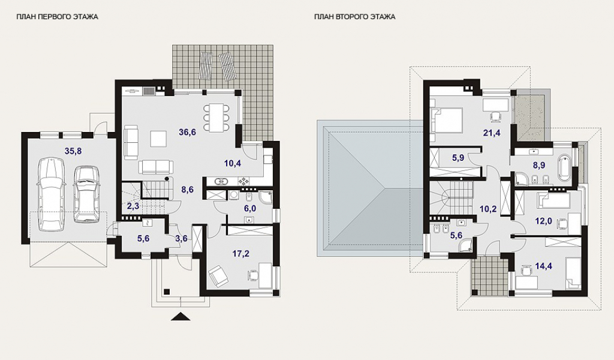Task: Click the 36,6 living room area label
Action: click(x=187, y=132)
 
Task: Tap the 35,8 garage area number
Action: click(x=73, y=151)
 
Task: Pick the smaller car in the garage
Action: click(x=86, y=194)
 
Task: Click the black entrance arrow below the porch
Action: click(x=180, y=317)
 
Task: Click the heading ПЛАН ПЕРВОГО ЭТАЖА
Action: click(x=57, y=17)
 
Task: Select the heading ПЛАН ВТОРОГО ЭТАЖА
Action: click(x=355, y=17)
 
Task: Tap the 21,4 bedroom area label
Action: click(x=492, y=133)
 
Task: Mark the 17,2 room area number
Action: click(x=240, y=254)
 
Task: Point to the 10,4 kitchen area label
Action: click(x=233, y=163)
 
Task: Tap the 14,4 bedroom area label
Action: click(x=543, y=267)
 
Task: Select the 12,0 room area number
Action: click(x=543, y=221)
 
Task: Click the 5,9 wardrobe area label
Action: click(x=458, y=158)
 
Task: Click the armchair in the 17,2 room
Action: click(x=218, y=275)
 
